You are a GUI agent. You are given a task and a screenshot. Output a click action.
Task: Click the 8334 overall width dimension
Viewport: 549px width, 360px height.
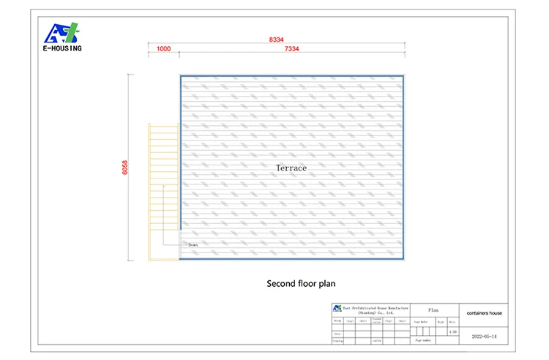click(x=277, y=39)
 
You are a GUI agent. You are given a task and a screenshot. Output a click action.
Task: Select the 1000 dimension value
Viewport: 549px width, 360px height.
click(x=164, y=49)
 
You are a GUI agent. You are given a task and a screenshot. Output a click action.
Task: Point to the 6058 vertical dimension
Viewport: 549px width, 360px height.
click(x=125, y=168)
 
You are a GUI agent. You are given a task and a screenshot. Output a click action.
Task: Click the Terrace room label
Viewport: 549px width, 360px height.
click(x=291, y=168)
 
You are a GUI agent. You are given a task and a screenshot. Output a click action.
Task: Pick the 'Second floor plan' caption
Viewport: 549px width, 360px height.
click(x=301, y=283)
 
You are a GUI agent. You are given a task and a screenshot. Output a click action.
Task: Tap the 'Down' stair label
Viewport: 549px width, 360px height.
click(x=193, y=244)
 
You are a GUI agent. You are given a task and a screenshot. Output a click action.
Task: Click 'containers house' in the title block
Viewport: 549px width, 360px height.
click(x=485, y=313)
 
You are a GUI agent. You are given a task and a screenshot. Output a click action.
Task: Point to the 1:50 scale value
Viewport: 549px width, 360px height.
click(x=452, y=331)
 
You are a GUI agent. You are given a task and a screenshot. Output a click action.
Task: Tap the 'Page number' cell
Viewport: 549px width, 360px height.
click(x=424, y=340)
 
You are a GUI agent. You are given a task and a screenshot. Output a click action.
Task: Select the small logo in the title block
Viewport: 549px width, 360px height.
click(x=337, y=309)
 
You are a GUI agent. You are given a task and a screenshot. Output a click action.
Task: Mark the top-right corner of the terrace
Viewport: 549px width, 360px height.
click(x=404, y=75)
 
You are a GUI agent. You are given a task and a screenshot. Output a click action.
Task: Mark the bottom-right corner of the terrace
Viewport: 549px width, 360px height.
click(x=404, y=259)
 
